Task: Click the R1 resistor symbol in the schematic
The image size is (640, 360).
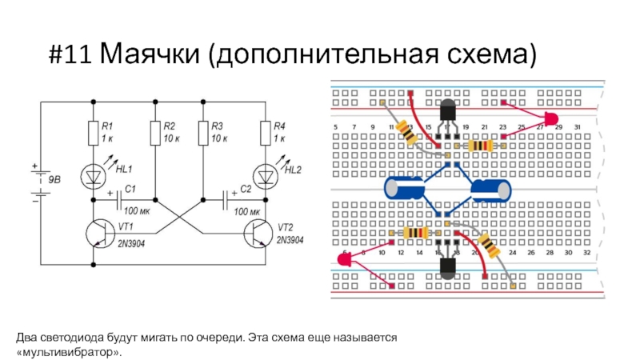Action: [94, 134]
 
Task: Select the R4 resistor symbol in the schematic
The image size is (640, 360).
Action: [264, 134]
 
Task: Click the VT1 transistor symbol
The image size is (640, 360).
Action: [100, 232]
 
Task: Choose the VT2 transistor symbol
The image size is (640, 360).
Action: [258, 232]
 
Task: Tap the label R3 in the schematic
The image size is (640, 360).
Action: [216, 126]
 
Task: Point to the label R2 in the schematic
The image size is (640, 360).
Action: [169, 126]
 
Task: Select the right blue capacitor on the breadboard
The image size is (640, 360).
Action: [490, 190]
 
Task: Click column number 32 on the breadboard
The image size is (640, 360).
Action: [587, 252]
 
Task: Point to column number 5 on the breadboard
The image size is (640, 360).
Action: [334, 128]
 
